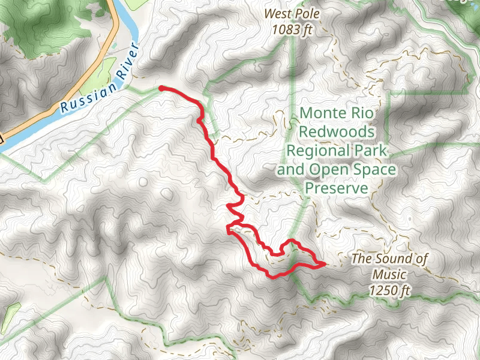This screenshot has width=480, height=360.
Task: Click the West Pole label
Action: pos(292,13)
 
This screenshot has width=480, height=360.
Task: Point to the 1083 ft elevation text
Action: pos(292,28)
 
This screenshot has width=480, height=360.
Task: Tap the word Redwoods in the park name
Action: pos(337,131)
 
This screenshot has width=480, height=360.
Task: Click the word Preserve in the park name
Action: pos(336,188)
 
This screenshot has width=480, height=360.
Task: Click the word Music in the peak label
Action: pos(389,275)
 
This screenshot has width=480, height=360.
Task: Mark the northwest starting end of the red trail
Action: pos(161,88)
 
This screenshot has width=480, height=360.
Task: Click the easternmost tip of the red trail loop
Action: pos(323,263)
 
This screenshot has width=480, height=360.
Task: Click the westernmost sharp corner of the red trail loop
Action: pos(227,229)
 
